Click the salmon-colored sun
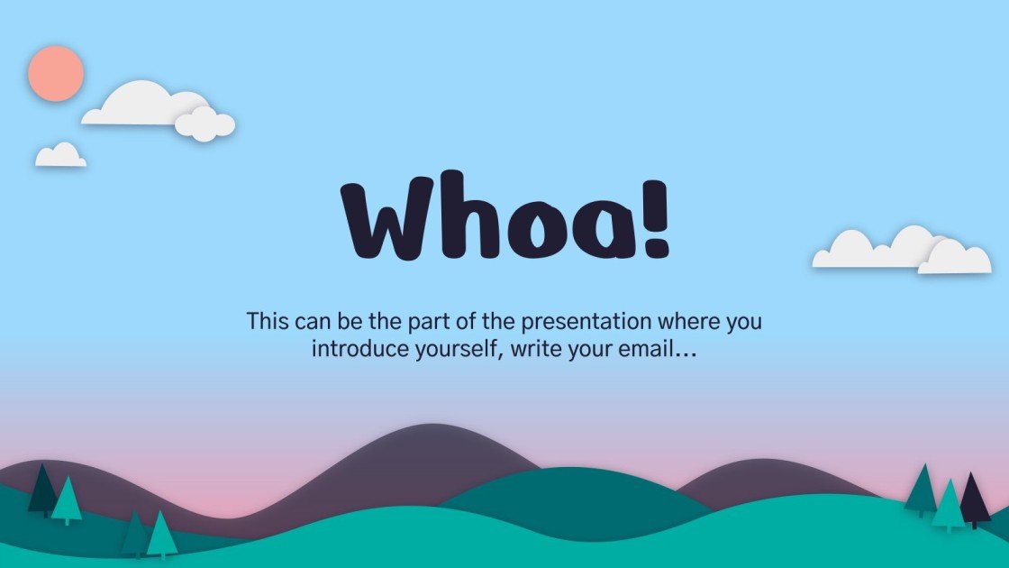tap(56, 73)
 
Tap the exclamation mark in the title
tap(656, 217)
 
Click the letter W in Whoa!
tap(383, 222)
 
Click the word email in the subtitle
tap(645, 350)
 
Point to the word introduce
tap(356, 350)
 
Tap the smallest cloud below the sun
tap(60, 156)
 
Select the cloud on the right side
tap(901, 252)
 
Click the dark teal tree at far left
tap(41, 492)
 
